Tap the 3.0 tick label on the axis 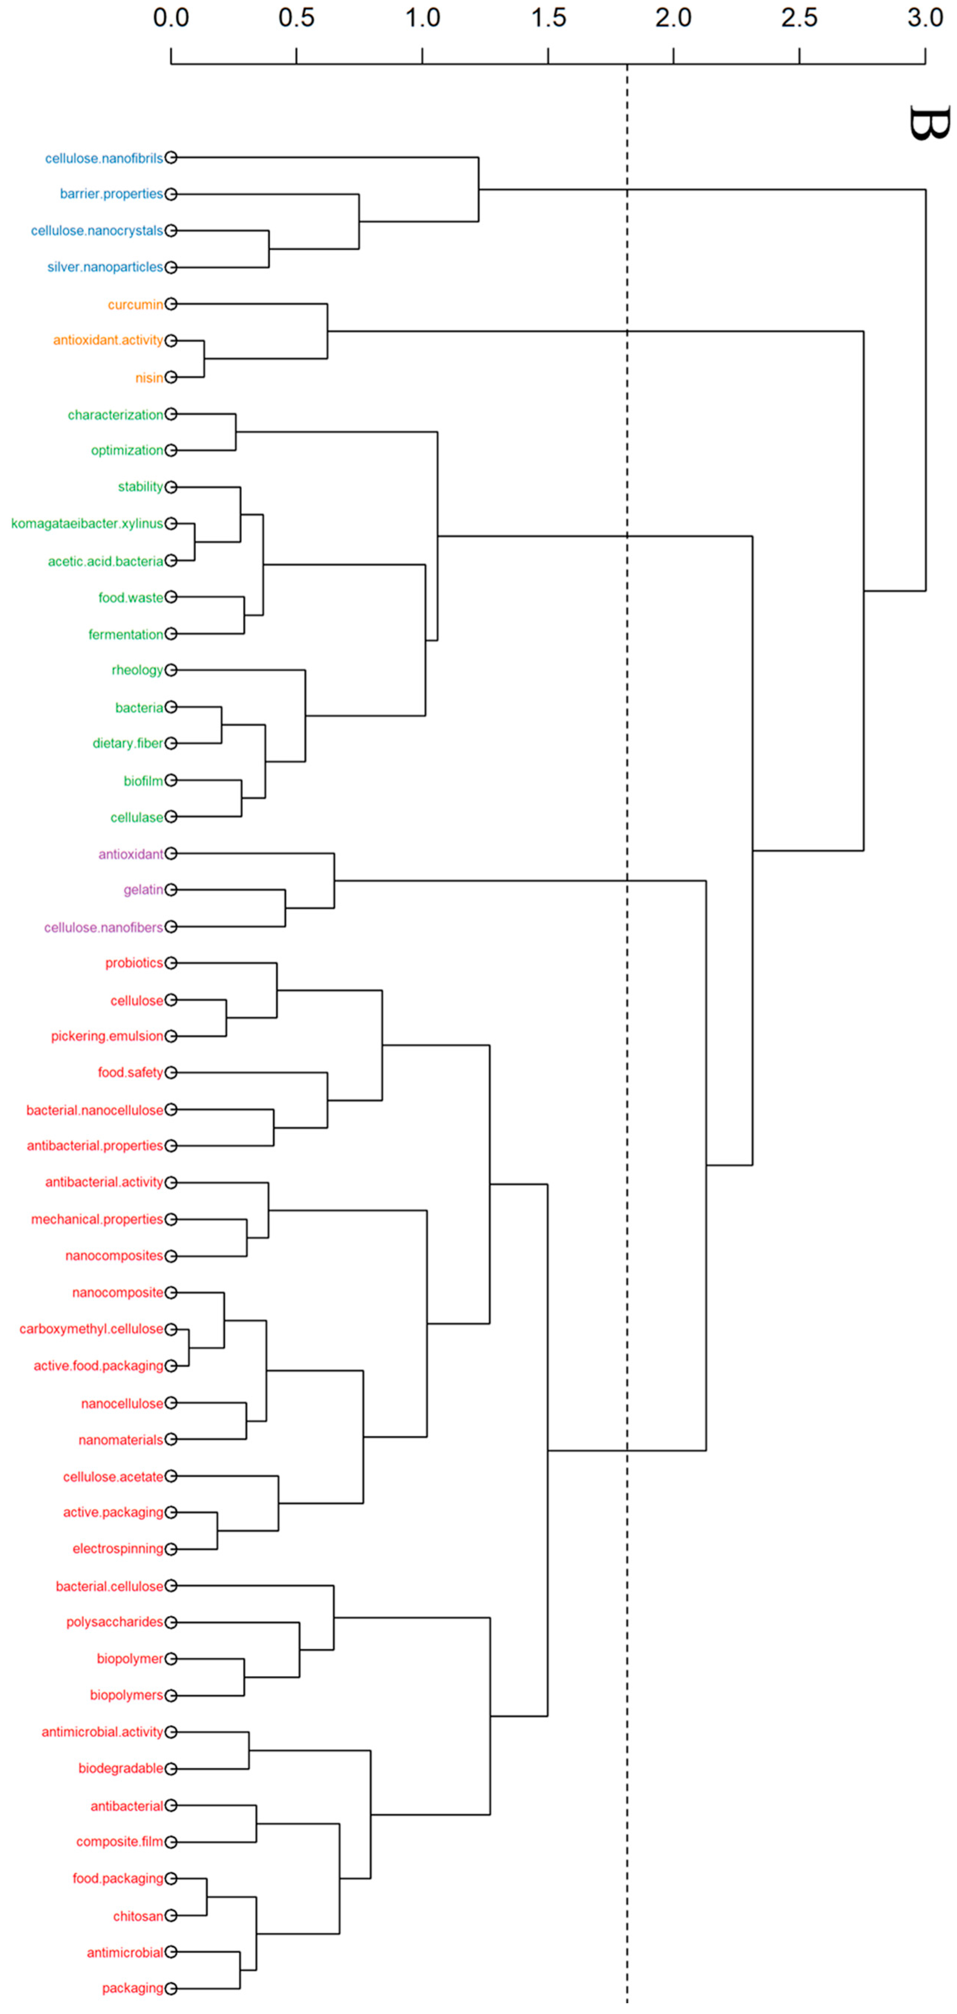(x=925, y=17)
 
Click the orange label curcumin (x=135, y=304)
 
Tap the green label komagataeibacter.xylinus (x=87, y=523)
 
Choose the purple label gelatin (x=143, y=890)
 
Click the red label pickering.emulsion (x=107, y=1036)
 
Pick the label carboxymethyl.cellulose (x=92, y=1329)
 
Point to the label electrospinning (x=118, y=1549)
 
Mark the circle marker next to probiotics (x=171, y=962)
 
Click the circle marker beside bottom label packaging (x=171, y=1988)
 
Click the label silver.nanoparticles (x=105, y=267)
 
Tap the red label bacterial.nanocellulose (x=95, y=1110)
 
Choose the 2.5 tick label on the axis (x=799, y=17)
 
